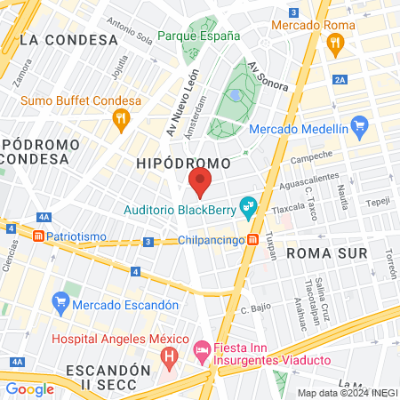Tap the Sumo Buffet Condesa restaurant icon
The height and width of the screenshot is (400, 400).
[123, 118]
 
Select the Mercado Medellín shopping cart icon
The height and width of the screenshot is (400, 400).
[359, 124]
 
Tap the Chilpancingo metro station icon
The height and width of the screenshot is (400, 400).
[253, 239]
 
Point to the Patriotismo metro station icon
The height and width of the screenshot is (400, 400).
[38, 236]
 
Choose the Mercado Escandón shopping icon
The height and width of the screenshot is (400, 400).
[60, 301]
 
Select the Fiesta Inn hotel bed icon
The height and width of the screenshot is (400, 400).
[202, 351]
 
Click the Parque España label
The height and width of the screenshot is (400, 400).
[199, 36]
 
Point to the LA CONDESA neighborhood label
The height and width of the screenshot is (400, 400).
[68, 40]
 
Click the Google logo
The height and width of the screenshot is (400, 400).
[30, 388]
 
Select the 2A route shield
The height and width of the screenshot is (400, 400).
[340, 80]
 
